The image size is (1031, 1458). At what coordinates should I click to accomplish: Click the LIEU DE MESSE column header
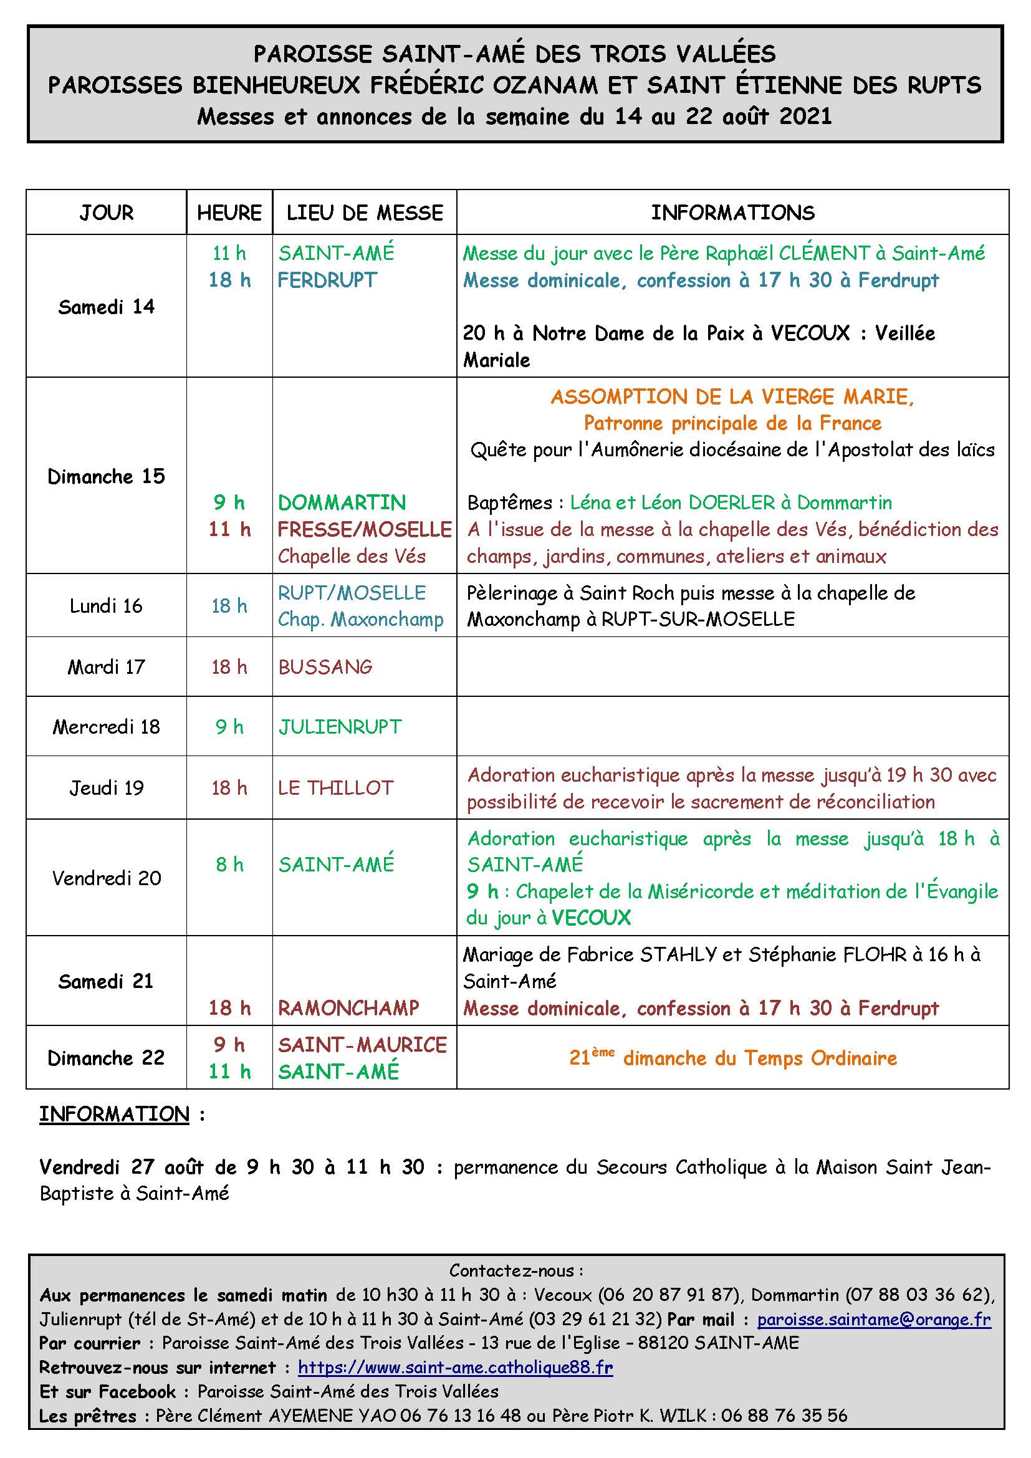pyautogui.click(x=365, y=213)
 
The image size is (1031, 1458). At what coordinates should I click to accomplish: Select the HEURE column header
pyautogui.click(x=229, y=213)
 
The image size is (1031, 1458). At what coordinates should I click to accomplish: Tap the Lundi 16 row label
pyautogui.click(x=106, y=606)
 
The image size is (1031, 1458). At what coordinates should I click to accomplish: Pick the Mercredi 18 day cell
pyautogui.click(x=106, y=726)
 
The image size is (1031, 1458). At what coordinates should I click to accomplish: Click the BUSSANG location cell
pyautogui.click(x=325, y=667)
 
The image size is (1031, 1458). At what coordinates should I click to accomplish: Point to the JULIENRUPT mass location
pyautogui.click(x=340, y=726)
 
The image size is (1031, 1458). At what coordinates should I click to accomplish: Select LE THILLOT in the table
pyautogui.click(x=336, y=787)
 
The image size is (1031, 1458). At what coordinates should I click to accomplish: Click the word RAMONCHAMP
pyautogui.click(x=348, y=1008)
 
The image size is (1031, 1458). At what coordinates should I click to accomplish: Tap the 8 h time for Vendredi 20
pyautogui.click(x=229, y=864)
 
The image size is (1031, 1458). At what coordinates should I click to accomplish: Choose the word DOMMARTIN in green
pyautogui.click(x=342, y=502)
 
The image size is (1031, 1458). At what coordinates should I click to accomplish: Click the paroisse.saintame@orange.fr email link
pyautogui.click(x=873, y=1320)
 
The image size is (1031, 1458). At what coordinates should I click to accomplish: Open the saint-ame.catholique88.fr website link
pyautogui.click(x=455, y=1367)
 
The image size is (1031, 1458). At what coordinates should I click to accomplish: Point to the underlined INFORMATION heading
pyautogui.click(x=114, y=1114)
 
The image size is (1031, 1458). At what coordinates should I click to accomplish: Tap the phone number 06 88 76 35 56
pyautogui.click(x=784, y=1416)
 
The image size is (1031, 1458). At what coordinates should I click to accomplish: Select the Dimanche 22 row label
pyautogui.click(x=106, y=1058)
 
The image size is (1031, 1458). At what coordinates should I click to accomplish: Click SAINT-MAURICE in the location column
pyautogui.click(x=363, y=1045)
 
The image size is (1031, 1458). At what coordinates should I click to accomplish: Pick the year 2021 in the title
pyautogui.click(x=805, y=117)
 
